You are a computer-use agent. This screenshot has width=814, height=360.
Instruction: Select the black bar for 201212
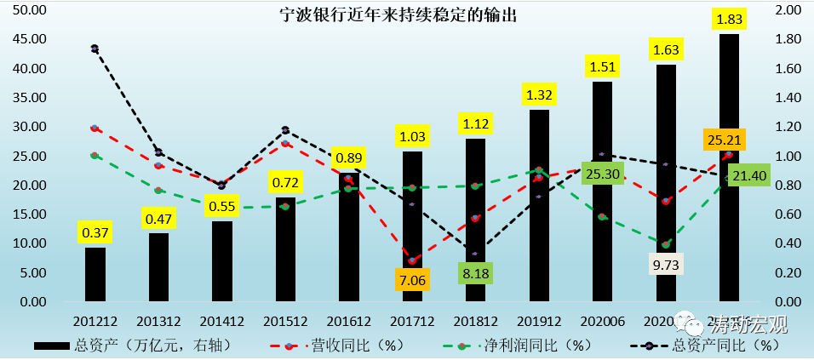pos(95,274)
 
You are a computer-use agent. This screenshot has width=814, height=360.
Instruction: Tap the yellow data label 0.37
pos(95,231)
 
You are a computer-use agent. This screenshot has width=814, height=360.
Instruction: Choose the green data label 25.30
pos(602,175)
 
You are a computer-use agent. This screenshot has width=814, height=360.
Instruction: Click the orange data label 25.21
pos(726,140)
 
